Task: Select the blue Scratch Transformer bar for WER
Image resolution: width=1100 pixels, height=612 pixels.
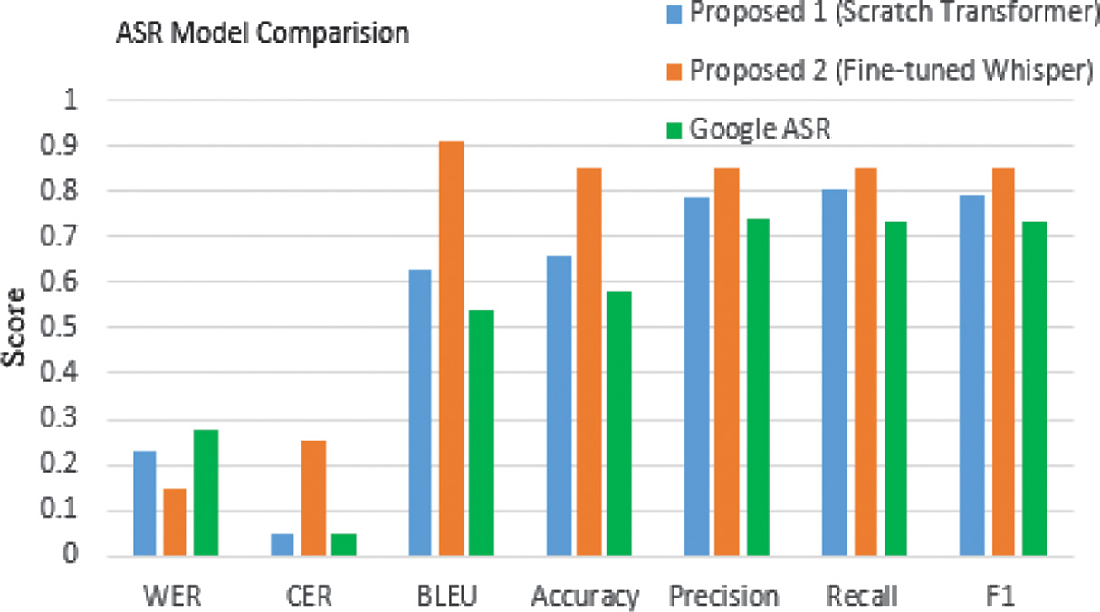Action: coord(144,503)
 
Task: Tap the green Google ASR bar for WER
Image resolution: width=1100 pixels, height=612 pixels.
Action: coord(206,493)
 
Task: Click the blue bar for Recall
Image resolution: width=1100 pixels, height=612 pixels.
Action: coord(834,372)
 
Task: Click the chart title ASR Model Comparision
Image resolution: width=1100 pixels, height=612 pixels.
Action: coord(262,35)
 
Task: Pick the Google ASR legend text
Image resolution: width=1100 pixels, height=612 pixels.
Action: coord(760,129)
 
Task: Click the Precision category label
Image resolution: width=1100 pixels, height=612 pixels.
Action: coord(724,597)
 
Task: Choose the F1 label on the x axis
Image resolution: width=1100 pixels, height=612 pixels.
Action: coord(1003,597)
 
